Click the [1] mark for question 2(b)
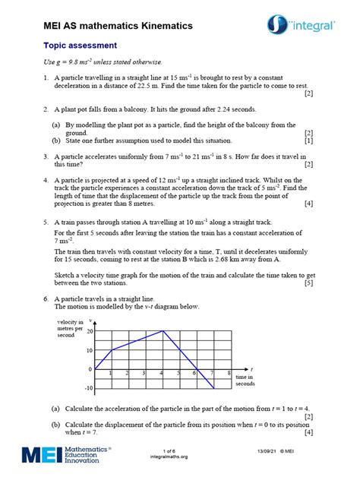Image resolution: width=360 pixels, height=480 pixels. click(309, 141)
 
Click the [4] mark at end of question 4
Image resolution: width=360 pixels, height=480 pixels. click(309, 204)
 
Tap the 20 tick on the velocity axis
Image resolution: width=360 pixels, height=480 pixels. click(90, 331)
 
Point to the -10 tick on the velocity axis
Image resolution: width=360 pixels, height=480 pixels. click(88, 388)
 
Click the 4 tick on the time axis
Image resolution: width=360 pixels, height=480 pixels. click(163, 374)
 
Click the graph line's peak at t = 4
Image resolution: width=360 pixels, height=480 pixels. click(163, 331)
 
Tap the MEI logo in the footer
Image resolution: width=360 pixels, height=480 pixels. click(67, 455)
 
